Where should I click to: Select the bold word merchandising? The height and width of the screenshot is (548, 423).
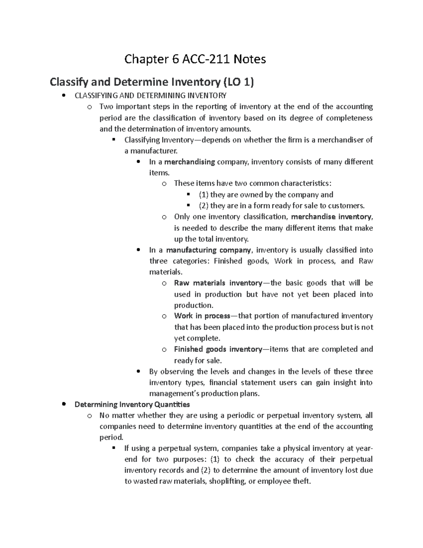pos(189,162)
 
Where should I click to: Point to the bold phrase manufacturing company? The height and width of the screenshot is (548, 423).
pos(208,250)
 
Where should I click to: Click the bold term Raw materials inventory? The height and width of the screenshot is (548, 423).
pos(218,283)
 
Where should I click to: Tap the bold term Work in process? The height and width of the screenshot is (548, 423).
pos(202,316)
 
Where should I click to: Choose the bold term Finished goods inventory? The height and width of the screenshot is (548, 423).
pos(218,349)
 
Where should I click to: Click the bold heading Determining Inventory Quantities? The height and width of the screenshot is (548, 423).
pos(132,404)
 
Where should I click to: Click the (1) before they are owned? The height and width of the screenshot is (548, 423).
pos(203,195)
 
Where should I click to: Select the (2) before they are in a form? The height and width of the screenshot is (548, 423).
pos(203,206)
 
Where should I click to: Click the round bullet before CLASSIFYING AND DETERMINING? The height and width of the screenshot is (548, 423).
pos(63,95)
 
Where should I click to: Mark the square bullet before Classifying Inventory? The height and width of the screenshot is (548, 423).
pos(114,140)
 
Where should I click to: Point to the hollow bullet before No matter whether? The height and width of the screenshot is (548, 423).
pos(89,416)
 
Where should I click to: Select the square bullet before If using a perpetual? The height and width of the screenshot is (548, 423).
pos(114,448)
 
